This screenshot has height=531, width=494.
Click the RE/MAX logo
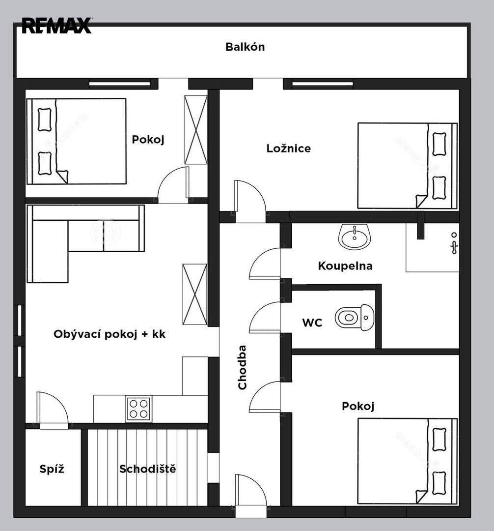57,26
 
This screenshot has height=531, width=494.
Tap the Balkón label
245,47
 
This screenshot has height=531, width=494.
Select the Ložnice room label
288,148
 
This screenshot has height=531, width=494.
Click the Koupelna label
345,266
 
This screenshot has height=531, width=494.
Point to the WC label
312,323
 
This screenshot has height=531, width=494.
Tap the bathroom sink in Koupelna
355,236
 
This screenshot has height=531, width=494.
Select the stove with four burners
138,409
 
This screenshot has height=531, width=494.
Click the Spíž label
52,469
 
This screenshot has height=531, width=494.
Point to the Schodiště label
148,469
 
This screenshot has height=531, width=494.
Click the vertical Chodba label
242,367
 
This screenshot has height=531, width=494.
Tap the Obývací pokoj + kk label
110,334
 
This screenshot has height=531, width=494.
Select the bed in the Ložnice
408,166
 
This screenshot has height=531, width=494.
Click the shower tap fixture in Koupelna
454,244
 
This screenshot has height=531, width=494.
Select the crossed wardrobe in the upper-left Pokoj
196,130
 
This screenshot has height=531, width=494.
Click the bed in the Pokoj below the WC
408,461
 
